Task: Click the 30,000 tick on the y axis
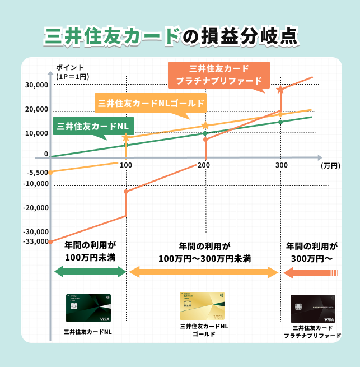(37, 85)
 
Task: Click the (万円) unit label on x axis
(330, 166)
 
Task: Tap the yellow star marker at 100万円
(126, 137)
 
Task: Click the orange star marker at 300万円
(280, 89)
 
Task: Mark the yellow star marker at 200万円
(205, 126)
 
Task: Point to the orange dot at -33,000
(50, 241)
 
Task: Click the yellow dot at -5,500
(50, 172)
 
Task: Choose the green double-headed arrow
(90, 272)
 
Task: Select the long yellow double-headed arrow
(204, 272)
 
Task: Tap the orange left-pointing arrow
(311, 273)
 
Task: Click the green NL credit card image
(88, 308)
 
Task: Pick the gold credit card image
(202, 306)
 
